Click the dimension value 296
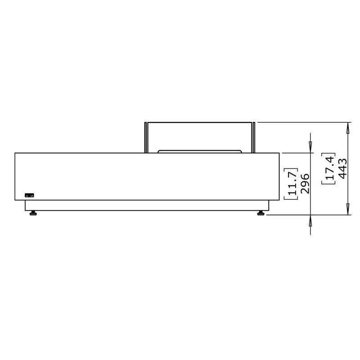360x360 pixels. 305,184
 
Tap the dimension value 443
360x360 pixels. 343,168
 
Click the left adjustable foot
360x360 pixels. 33,213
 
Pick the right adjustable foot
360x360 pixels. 261,213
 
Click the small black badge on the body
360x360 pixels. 29,195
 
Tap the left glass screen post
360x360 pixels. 145,138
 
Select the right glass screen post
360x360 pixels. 254,138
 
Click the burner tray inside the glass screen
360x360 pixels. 200,151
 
